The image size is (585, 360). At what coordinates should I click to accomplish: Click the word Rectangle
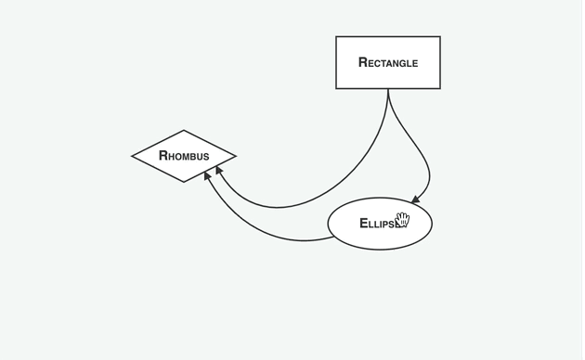pos(388,63)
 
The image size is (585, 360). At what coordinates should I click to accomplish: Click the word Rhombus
pos(184,156)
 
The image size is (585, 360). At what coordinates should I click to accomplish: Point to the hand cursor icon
pos(402,220)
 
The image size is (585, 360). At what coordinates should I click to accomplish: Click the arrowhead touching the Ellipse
pos(416,198)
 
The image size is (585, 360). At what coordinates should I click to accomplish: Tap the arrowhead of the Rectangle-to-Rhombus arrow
pos(219,172)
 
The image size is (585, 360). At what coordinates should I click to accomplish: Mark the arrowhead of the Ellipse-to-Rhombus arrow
pos(208,176)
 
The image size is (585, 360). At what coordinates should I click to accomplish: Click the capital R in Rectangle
pos(363,63)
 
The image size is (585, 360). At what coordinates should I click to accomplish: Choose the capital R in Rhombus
pos(163,156)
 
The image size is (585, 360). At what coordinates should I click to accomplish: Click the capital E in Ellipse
pos(364,224)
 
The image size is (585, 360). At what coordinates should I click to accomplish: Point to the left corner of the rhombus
pos(133,156)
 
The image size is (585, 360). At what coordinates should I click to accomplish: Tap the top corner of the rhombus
pos(184,131)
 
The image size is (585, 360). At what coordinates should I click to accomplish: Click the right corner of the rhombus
pos(236,156)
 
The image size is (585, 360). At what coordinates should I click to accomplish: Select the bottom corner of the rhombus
pos(184,182)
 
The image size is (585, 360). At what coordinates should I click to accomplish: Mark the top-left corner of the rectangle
pos(336,37)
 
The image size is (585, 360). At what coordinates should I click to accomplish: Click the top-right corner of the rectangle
pos(440,37)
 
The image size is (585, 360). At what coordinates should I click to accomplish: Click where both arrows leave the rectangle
pos(388,89)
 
